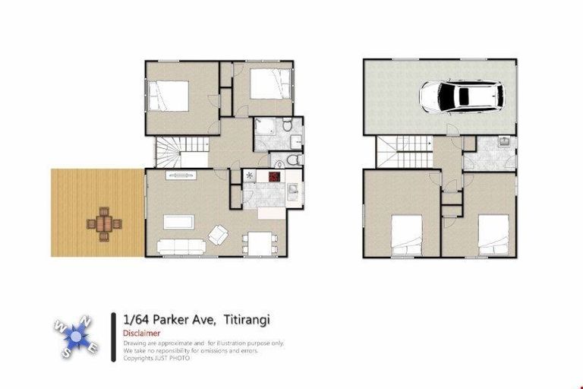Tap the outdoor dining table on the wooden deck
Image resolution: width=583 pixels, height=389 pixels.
[x=104, y=225]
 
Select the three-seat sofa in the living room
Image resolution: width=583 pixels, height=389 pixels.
[x=181, y=247]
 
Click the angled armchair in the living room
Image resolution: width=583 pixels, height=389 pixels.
[x=217, y=235]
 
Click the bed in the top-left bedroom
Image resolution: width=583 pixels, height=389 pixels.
[x=168, y=96]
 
